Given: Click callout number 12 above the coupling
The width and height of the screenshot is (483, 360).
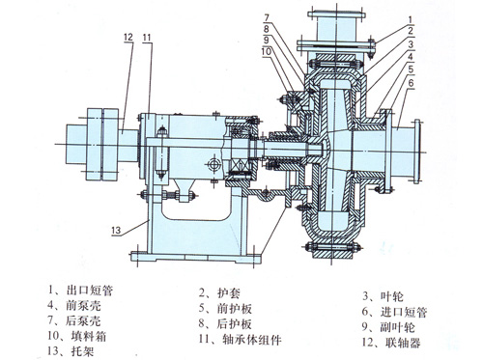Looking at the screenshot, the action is tap(128, 37).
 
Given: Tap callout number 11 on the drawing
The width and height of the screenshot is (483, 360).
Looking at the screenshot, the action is tap(147, 38).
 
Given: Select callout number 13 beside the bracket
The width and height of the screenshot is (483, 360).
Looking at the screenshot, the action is tap(116, 231).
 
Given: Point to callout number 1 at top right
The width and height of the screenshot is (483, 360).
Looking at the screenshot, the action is tap(410, 20).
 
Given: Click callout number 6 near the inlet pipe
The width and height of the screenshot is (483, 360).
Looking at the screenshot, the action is tap(412, 83).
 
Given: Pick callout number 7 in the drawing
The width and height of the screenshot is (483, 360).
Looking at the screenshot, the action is tap(267, 17).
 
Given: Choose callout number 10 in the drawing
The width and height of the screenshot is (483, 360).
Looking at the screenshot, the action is tap(267, 51).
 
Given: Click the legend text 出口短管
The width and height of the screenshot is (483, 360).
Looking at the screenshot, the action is tap(90, 291).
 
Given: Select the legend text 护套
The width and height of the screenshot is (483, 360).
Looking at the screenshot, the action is tap(229, 293).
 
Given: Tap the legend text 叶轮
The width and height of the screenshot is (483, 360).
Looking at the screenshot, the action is tap(392, 296).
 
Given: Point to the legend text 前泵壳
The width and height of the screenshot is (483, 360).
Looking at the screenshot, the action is tap(84, 305).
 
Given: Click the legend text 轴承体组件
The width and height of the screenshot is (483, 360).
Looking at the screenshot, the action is tap(252, 340).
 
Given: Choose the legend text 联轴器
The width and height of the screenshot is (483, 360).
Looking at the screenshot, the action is tap(403, 343).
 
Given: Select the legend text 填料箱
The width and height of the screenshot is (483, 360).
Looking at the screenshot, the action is tap(88, 336).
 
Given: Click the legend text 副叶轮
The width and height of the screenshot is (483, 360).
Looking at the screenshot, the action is tap(397, 327).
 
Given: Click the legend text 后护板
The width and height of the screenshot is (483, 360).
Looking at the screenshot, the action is tap(235, 323).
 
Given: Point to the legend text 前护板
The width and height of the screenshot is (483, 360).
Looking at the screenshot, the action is tap(235, 309).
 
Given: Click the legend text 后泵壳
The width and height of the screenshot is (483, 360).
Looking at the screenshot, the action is tap(83, 320).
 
